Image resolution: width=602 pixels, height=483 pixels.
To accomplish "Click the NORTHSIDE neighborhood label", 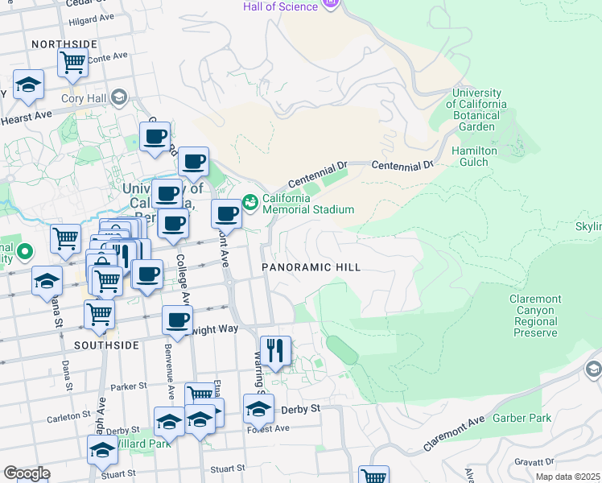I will coord(64,44).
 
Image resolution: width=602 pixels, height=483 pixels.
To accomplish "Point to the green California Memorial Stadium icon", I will coord(250,200).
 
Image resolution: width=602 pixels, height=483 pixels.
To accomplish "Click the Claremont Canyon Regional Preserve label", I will coord(534,316).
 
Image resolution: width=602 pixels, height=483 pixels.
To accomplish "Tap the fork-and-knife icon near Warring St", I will coord(275,351).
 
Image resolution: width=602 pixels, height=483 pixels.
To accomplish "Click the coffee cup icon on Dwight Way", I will coord(178,320).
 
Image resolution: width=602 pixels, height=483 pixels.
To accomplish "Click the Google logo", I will coord(27,473).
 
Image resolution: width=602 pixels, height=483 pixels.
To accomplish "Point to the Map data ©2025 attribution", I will coord(567,477).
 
